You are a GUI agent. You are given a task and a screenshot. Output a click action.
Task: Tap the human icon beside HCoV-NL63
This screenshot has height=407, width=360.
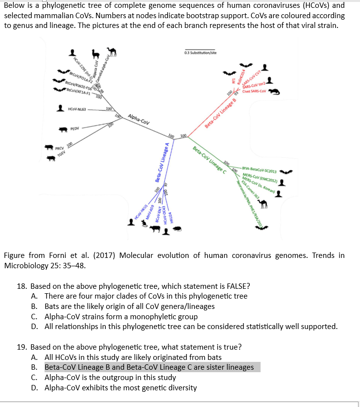tap(59, 109)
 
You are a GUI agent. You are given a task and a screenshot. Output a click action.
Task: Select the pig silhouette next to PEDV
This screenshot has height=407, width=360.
tap(62, 129)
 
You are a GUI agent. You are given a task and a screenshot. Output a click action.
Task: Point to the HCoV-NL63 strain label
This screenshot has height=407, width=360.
tap(78, 109)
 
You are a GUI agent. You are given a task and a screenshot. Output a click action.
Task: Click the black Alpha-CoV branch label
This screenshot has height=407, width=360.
tap(138, 119)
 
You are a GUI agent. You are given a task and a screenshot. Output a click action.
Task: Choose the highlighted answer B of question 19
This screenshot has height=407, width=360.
tap(149, 367)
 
